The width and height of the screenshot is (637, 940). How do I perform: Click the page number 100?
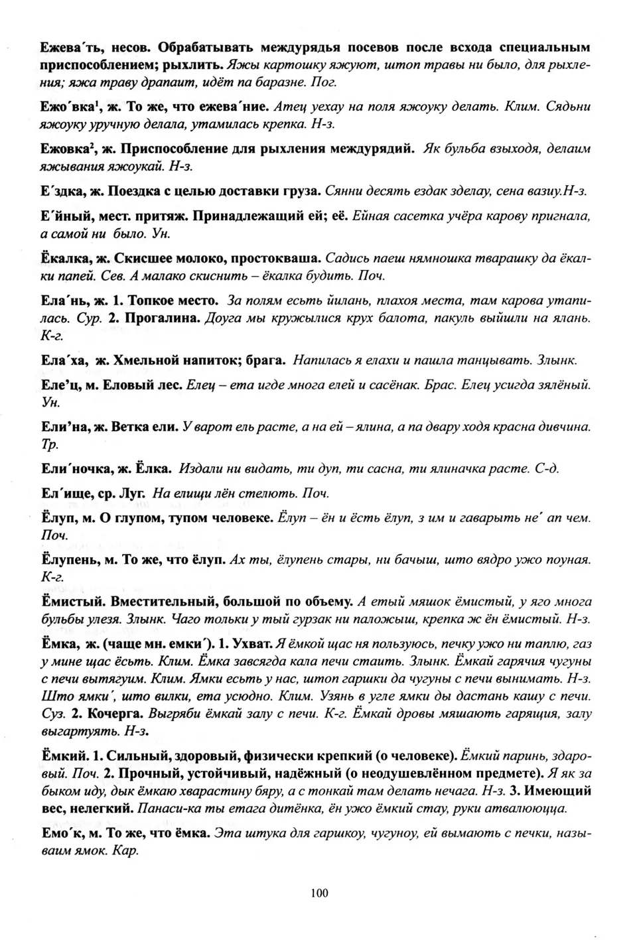pos(318,893)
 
